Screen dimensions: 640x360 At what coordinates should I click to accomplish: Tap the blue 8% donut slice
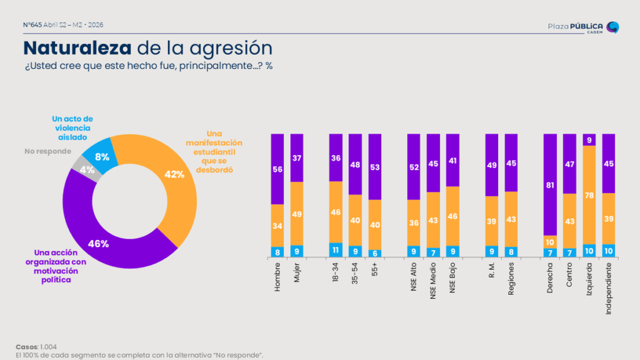100,156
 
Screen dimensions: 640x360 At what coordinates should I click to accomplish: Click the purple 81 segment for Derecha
550,184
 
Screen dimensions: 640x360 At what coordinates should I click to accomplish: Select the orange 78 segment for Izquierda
589,195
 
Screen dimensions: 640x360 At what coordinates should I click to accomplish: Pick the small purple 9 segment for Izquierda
589,139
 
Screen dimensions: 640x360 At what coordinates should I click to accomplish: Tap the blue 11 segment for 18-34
336,250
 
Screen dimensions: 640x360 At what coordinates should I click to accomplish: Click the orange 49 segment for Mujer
297,214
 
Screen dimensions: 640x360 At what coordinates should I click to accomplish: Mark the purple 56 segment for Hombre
277,169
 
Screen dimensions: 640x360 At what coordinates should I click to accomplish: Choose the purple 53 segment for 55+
375,166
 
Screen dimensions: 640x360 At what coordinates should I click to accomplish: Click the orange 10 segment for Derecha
550,242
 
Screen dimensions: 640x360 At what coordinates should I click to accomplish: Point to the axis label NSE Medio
433,281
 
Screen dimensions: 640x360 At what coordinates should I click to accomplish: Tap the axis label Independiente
609,288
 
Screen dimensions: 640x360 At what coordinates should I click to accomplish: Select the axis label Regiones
511,278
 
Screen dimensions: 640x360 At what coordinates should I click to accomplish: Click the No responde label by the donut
47,151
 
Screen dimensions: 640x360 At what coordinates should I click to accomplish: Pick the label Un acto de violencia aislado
72,128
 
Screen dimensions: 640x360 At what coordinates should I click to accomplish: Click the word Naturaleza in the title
77,48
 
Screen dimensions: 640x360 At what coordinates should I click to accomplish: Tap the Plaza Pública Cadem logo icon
612,27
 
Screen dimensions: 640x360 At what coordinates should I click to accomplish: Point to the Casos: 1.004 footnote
36,347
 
